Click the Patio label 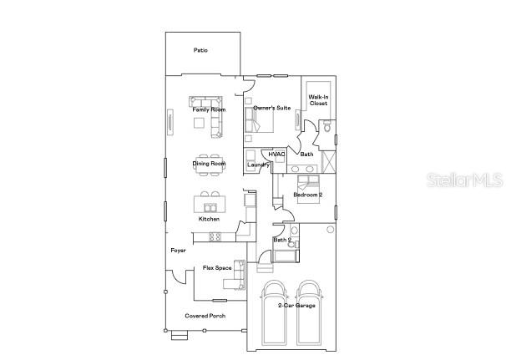(200, 50)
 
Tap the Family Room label (209, 109)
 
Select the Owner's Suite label (271, 108)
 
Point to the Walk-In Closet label (318, 100)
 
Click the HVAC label (276, 155)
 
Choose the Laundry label (258, 165)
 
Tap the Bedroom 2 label (308, 195)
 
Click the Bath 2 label (282, 240)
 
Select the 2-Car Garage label (296, 306)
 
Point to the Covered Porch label (205, 316)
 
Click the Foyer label (178, 251)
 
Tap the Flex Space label (217, 268)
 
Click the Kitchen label (209, 219)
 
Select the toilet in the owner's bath (327, 127)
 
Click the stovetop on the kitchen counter (215, 237)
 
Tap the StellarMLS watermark (465, 180)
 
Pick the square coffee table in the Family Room (199, 123)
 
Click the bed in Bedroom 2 (308, 190)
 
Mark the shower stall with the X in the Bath (329, 162)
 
